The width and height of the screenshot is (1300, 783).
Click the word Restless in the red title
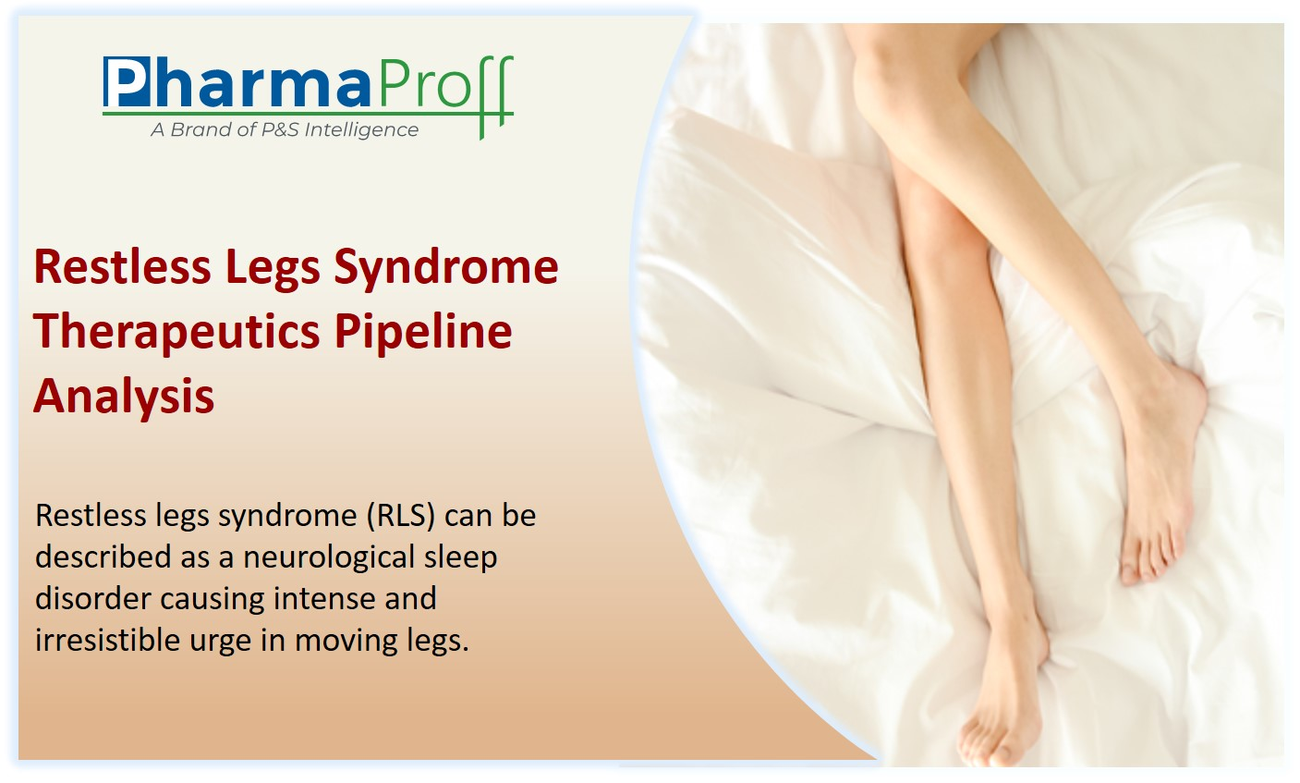122,266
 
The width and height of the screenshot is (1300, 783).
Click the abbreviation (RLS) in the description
401,516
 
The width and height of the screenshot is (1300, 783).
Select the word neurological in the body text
329,557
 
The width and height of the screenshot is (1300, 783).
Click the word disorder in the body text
92,598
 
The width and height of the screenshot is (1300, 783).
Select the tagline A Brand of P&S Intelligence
285,129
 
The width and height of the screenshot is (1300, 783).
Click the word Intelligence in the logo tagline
361,129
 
